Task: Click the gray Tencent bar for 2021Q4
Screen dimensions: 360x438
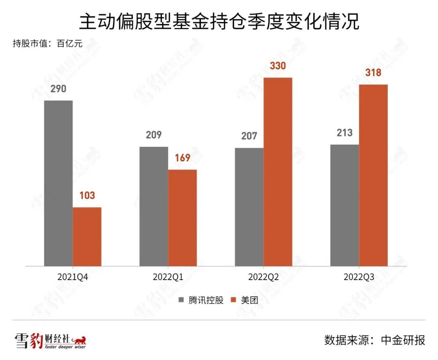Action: (x=58, y=183)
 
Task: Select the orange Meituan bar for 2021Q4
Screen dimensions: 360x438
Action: (x=87, y=237)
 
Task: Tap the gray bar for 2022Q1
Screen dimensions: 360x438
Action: (x=154, y=206)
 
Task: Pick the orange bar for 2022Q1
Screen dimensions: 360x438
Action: (x=182, y=218)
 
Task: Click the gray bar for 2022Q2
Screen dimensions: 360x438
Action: (x=249, y=207)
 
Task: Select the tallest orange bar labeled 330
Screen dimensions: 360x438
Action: (x=278, y=172)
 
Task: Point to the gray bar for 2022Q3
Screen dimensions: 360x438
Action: (x=345, y=205)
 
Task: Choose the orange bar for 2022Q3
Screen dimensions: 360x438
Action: (x=373, y=175)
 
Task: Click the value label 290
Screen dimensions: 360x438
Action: (x=58, y=89)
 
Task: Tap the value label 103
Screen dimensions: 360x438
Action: (x=87, y=195)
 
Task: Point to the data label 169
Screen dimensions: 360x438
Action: (x=182, y=158)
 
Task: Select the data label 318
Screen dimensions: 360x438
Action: (x=373, y=73)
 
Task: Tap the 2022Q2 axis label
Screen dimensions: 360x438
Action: (x=263, y=277)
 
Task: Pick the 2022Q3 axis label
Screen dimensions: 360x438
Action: (x=359, y=277)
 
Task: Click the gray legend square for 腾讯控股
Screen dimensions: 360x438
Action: (x=182, y=300)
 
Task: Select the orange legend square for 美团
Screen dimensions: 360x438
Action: (x=234, y=300)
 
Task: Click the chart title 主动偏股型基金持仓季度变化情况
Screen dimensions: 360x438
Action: (x=219, y=22)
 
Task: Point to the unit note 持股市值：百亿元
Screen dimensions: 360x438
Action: (x=48, y=44)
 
